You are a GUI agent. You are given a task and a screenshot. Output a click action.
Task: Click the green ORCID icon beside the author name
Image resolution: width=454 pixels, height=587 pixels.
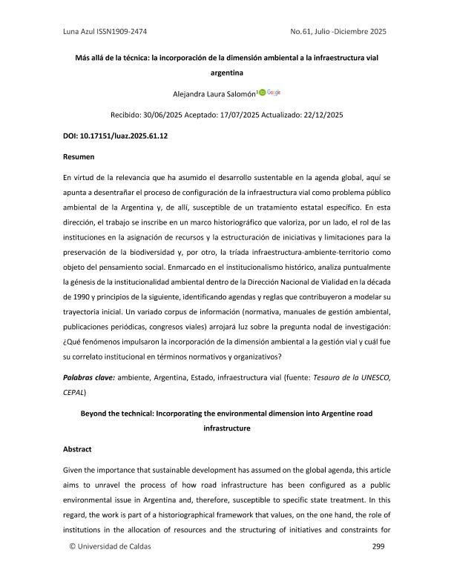coord(261,92)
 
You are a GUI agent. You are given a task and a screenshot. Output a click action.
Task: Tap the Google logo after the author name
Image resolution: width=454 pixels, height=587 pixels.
coord(274,92)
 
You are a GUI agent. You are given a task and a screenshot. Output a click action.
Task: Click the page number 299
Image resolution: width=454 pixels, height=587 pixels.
coord(378,566)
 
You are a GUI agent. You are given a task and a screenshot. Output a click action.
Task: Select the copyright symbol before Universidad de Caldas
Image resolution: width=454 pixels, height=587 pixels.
coord(72,567)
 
